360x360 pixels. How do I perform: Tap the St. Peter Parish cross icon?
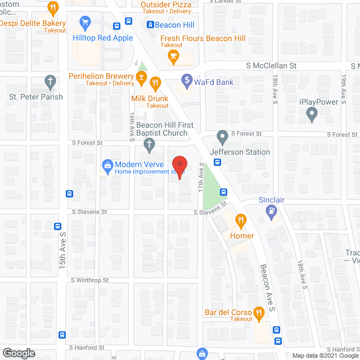[x=51, y=83]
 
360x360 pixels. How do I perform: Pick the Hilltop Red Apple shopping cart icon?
[x=85, y=23]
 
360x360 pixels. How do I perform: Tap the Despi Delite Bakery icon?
[x=53, y=8]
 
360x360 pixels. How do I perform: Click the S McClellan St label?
[x=271, y=66]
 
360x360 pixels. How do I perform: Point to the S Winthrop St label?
[x=89, y=280]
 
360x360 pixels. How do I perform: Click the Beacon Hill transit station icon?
[x=150, y=25]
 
